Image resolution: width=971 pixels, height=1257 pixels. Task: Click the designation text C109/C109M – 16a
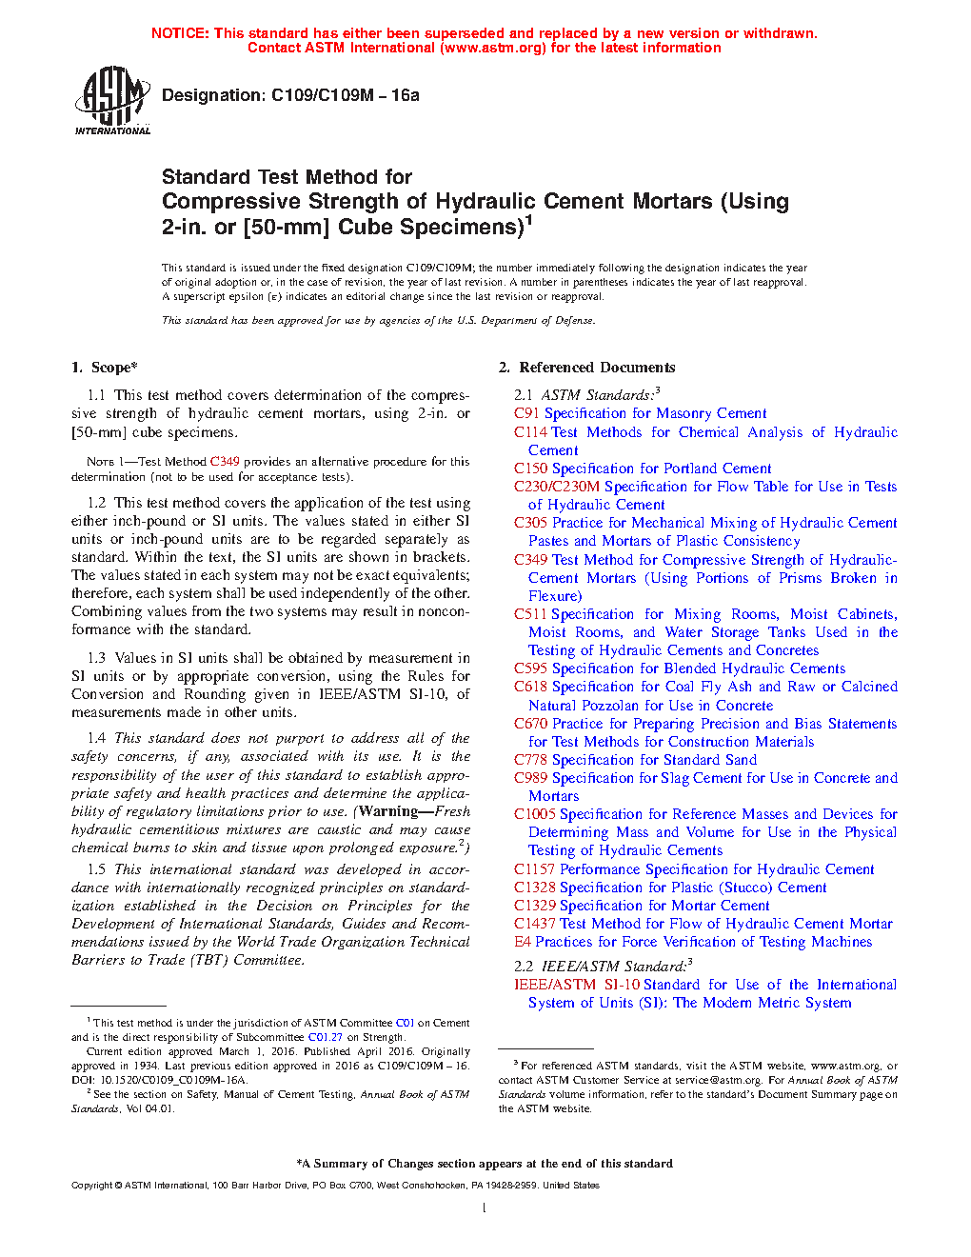click(x=290, y=95)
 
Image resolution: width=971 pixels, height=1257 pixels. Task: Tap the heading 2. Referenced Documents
click(x=586, y=368)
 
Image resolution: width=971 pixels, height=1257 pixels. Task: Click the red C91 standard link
click(x=526, y=413)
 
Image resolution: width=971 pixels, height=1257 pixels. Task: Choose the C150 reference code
click(x=530, y=469)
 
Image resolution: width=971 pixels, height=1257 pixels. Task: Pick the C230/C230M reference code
click(x=557, y=487)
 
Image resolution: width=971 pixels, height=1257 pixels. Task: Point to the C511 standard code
click(x=530, y=614)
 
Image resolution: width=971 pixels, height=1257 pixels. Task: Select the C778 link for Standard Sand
click(x=530, y=760)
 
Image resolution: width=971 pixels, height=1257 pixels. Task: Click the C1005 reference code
click(x=534, y=814)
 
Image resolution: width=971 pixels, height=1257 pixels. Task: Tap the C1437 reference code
click(x=534, y=924)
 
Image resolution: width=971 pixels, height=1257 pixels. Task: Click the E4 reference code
click(x=523, y=942)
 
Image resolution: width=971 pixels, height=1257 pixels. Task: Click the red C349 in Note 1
click(x=225, y=462)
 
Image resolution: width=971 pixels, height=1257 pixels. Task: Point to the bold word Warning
click(x=387, y=811)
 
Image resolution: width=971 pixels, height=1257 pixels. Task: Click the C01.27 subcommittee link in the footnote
click(x=325, y=1037)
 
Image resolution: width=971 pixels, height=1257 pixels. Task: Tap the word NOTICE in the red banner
click(x=179, y=33)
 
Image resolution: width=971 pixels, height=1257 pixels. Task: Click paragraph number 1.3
click(x=96, y=658)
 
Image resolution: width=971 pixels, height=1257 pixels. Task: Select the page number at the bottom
click(x=485, y=1208)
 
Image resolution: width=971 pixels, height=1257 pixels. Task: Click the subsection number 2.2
click(x=524, y=966)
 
